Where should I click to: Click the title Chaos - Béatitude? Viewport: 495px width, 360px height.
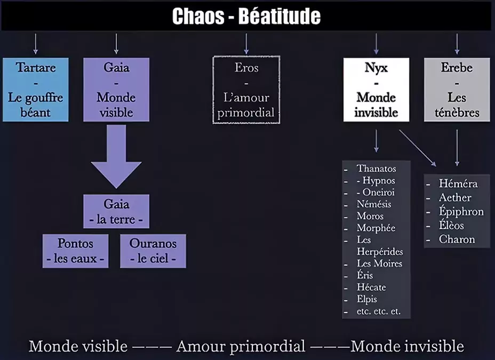[246, 16]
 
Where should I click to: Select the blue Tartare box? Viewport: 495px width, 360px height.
[36, 90]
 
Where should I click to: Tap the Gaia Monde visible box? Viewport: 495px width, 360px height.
[116, 90]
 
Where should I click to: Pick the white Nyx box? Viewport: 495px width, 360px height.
[376, 90]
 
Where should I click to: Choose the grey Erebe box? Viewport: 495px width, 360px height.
[457, 90]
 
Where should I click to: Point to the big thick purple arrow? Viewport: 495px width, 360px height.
[116, 156]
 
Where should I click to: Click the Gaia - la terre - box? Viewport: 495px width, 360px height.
[116, 211]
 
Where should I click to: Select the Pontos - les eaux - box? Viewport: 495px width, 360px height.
[75, 251]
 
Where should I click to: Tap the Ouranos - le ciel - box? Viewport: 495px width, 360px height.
[153, 251]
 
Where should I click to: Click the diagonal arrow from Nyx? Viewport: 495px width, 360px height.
[418, 148]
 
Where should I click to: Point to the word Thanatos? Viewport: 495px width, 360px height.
[376, 169]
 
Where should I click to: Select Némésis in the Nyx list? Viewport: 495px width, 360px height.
[374, 204]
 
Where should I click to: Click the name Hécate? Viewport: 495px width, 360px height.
[371, 287]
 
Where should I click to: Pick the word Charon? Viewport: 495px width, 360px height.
[457, 239]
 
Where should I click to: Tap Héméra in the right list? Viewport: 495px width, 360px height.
[458, 183]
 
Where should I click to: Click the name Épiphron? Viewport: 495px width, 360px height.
[461, 211]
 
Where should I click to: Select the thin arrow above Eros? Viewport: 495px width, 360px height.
[246, 44]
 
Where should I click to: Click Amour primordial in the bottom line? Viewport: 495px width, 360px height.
[241, 346]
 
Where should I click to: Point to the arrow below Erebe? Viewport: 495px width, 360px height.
[457, 148]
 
